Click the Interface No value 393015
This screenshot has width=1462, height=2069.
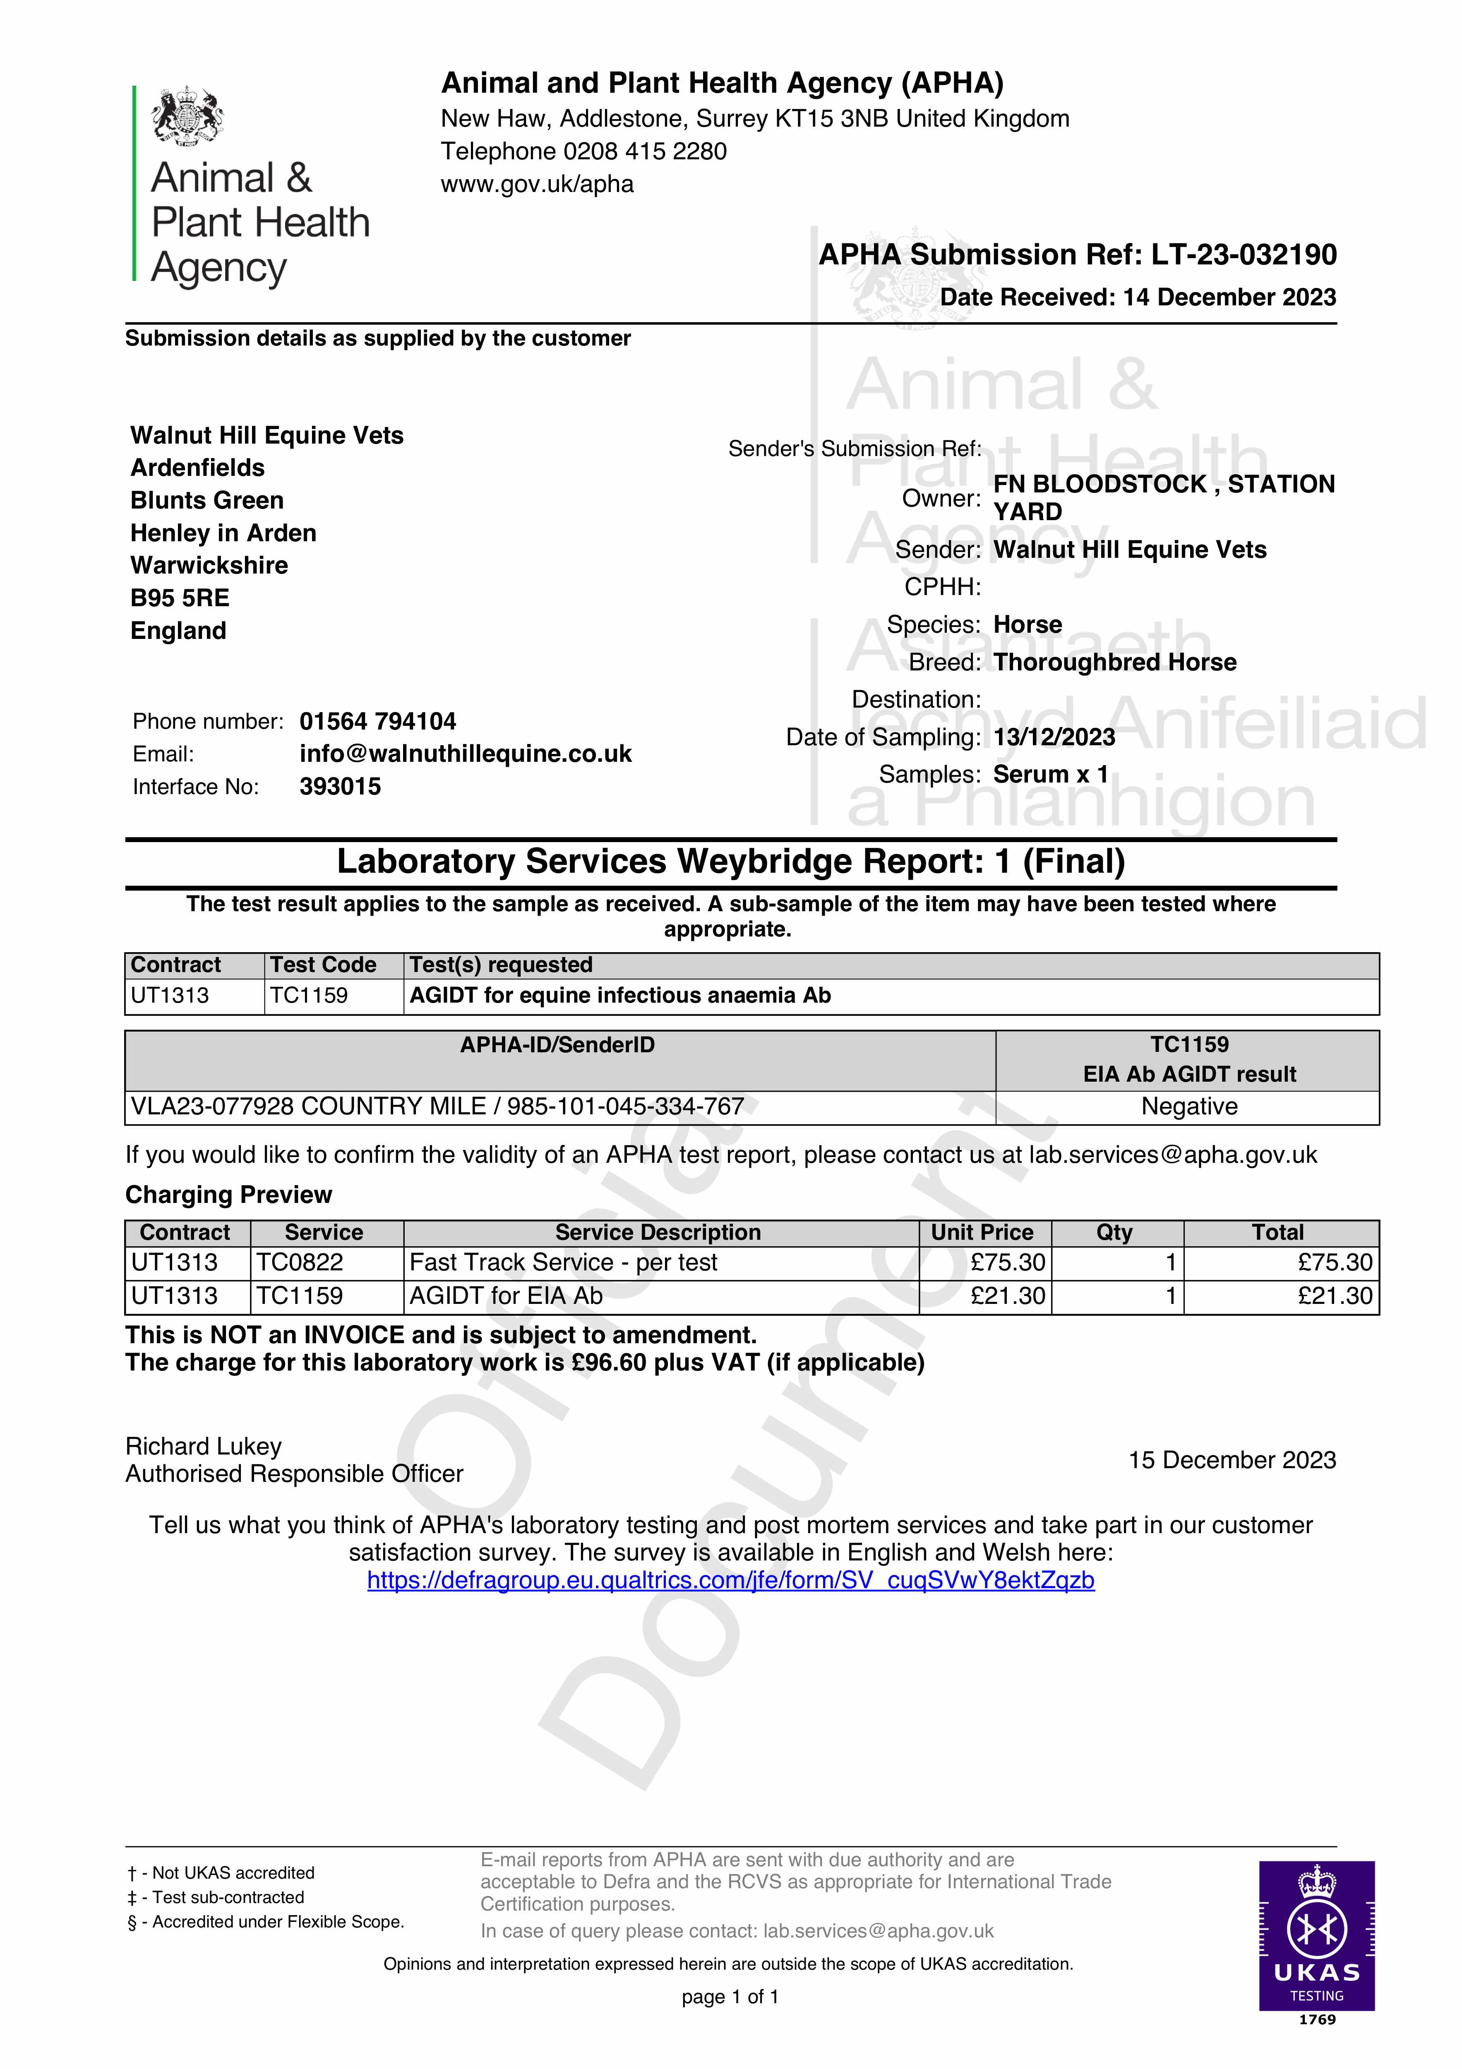point(340,787)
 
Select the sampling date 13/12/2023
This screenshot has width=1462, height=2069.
point(1054,737)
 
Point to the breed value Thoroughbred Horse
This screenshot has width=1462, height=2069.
point(1114,662)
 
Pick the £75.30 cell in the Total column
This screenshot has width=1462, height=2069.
point(1334,1263)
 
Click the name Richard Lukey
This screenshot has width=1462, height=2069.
point(204,1446)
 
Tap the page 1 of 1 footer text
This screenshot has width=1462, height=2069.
point(730,1997)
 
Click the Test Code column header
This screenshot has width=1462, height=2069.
point(323,965)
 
